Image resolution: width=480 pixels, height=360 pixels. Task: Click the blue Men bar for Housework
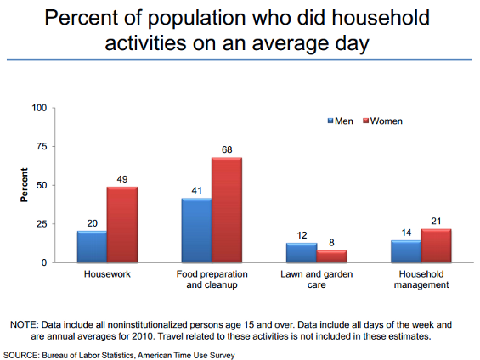(x=92, y=246)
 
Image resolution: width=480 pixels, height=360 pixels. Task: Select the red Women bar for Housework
(x=122, y=224)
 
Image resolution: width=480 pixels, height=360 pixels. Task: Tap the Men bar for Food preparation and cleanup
(x=196, y=230)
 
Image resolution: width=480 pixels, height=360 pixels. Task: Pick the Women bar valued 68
(x=227, y=210)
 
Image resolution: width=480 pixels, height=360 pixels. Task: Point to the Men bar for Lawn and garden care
(x=302, y=253)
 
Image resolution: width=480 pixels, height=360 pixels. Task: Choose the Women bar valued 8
(x=332, y=256)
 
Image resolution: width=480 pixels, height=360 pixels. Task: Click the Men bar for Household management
(x=406, y=251)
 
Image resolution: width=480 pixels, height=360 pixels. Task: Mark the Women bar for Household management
(x=436, y=245)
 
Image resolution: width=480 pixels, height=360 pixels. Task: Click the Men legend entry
(x=340, y=121)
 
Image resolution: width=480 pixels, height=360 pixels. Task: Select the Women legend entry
(x=382, y=121)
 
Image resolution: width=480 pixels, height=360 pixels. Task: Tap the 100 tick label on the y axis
(x=39, y=108)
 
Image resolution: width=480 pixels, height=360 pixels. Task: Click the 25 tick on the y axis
(x=42, y=224)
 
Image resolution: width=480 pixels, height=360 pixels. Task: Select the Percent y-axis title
(x=24, y=185)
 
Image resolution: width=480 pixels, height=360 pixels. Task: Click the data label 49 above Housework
(x=122, y=179)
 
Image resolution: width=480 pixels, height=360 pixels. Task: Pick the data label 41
(x=196, y=190)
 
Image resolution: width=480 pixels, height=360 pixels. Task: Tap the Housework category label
(x=107, y=274)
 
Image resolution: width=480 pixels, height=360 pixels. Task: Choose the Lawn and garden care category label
(x=317, y=279)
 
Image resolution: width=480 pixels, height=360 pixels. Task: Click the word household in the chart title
(x=381, y=18)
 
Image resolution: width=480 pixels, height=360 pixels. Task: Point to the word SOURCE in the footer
(x=21, y=356)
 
